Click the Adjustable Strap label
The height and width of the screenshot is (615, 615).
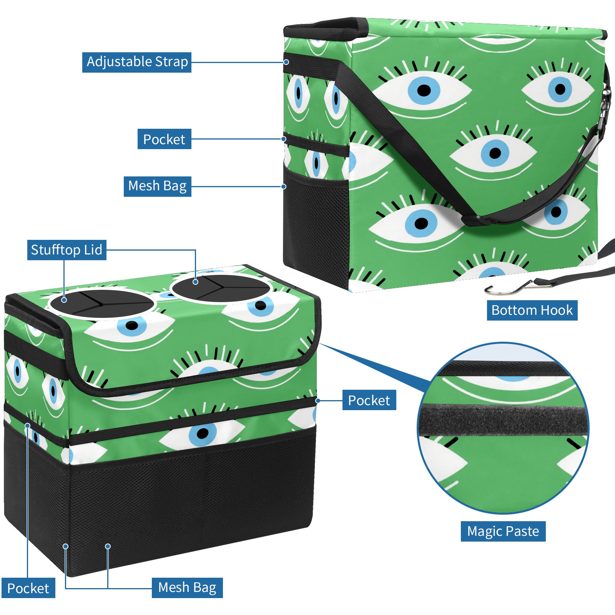(137, 62)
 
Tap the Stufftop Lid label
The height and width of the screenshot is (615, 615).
(66, 250)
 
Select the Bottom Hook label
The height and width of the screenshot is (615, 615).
(532, 310)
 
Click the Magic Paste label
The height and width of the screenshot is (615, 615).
(503, 531)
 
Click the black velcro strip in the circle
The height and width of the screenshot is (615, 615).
(504, 421)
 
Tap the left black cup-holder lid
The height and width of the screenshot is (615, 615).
(102, 304)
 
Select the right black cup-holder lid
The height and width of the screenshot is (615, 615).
(221, 288)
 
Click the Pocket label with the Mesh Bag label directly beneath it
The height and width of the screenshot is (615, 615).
(164, 139)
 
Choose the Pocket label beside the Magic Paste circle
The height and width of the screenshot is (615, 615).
(369, 401)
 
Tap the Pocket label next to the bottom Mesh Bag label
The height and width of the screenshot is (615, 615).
(28, 588)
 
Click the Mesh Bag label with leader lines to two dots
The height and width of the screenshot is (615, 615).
(187, 588)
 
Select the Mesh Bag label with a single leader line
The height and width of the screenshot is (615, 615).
(157, 186)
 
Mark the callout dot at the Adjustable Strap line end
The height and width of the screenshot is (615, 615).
(286, 62)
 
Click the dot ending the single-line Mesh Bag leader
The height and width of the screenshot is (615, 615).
(284, 186)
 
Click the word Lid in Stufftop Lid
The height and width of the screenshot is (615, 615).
(93, 250)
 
